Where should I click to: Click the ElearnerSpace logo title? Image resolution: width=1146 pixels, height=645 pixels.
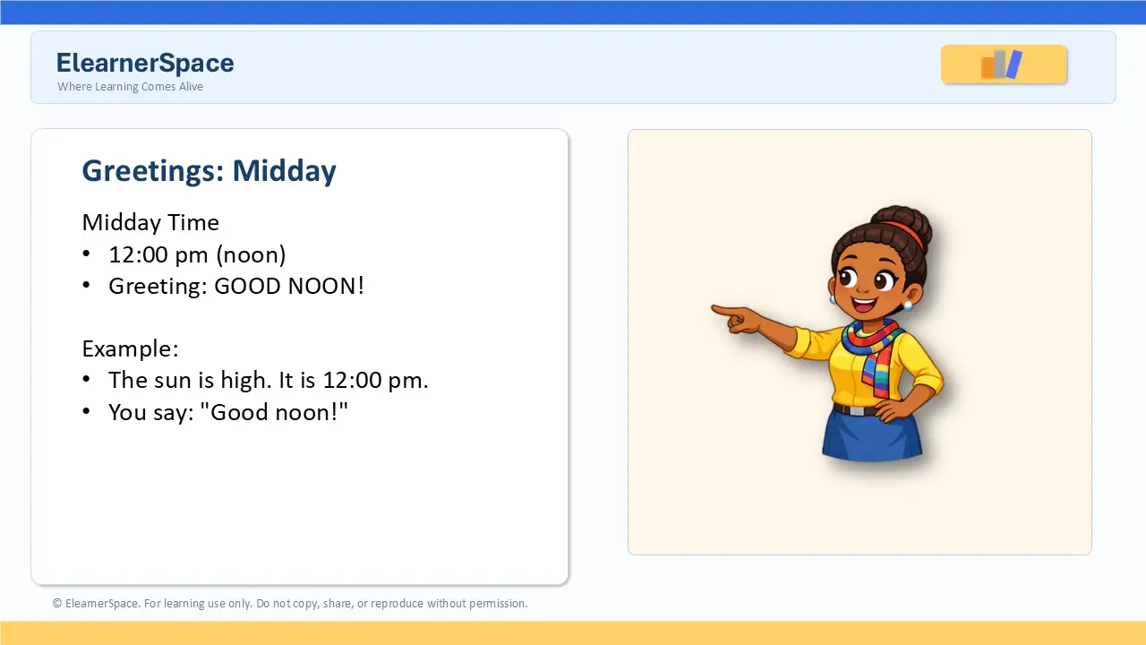[145, 64]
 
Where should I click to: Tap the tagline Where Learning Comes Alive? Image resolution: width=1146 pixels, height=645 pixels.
[130, 87]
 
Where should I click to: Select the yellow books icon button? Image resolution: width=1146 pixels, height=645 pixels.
[1004, 64]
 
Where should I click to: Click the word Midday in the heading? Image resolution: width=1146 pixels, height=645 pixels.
[285, 170]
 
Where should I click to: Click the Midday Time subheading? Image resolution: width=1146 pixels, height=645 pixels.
[150, 223]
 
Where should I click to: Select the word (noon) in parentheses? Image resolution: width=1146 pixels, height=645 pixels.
[251, 255]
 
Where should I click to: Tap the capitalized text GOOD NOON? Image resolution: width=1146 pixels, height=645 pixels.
[289, 286]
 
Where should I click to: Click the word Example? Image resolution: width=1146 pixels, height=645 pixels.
[131, 349]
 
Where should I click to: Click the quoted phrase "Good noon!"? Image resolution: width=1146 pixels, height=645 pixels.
[274, 412]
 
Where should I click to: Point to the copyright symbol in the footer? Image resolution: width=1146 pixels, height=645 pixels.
[56, 603]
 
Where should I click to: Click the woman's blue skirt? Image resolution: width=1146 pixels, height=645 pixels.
[872, 435]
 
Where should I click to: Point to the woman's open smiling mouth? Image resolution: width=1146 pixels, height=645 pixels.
[864, 305]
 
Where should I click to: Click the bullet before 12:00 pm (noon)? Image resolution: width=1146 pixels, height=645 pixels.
[86, 254]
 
